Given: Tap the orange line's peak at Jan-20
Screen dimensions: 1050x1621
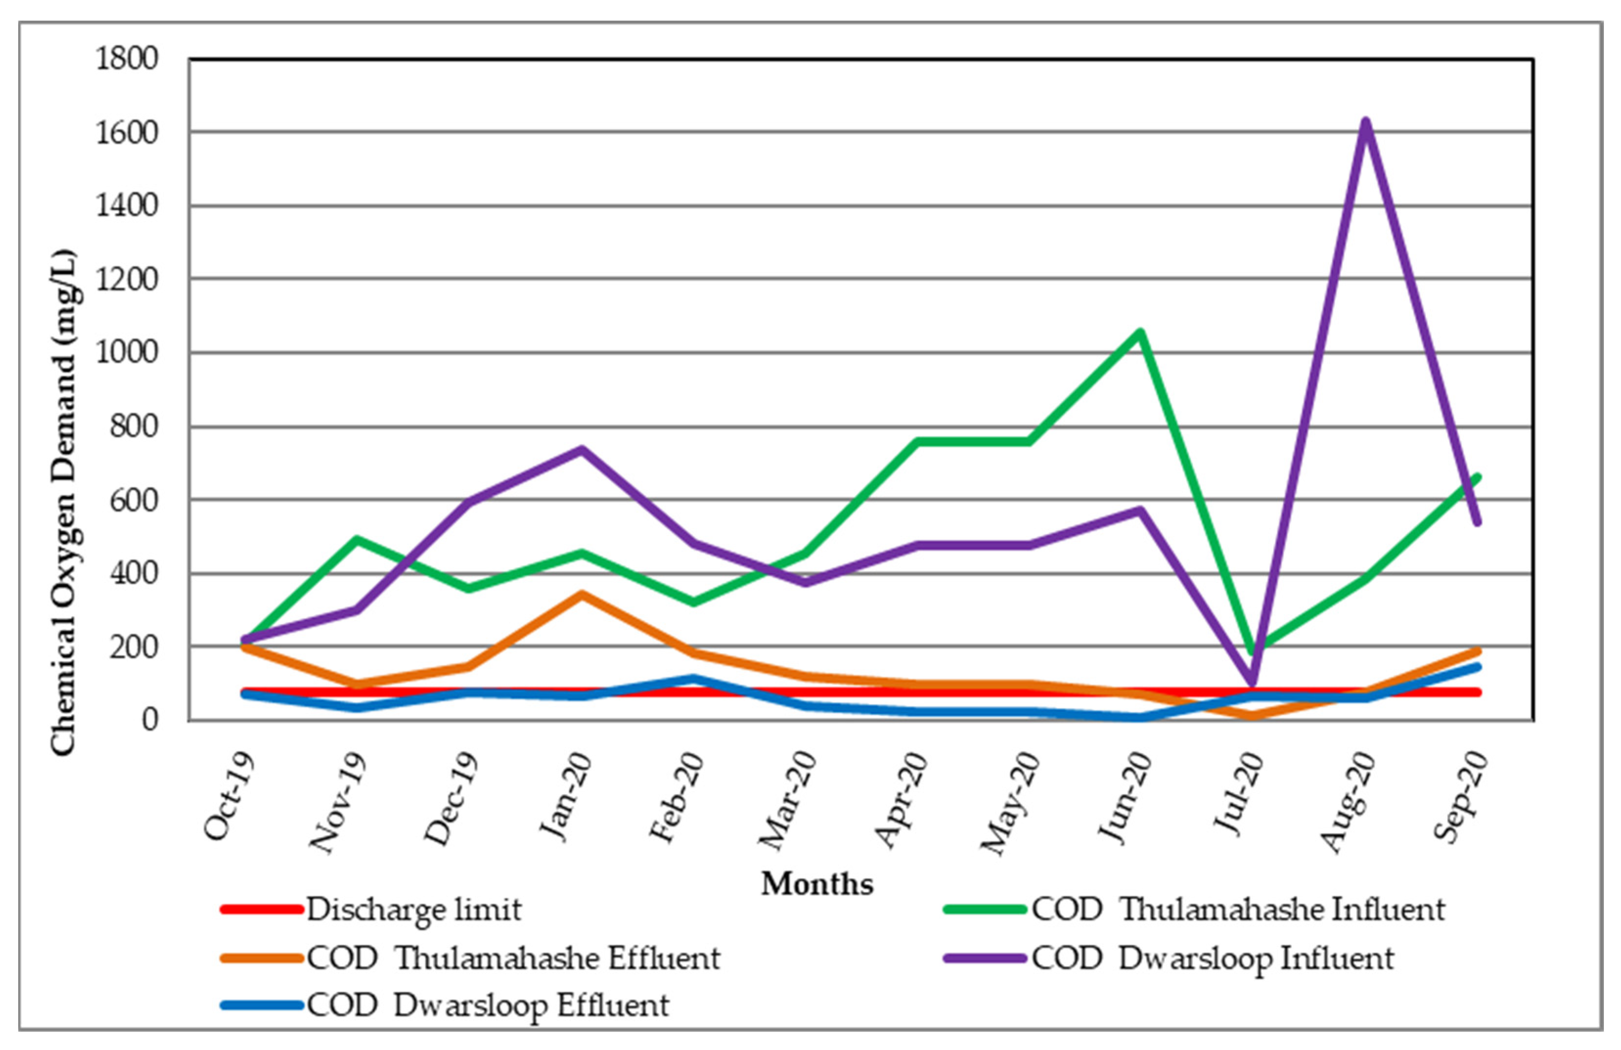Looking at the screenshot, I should [581, 594].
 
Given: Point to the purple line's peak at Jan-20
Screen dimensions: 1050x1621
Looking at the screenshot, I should [581, 449].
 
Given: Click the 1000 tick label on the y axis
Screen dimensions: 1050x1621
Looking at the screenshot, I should [127, 353].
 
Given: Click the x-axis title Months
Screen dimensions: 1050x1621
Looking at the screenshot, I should [817, 884].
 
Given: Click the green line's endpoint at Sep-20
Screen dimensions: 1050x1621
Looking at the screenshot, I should [1477, 477].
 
